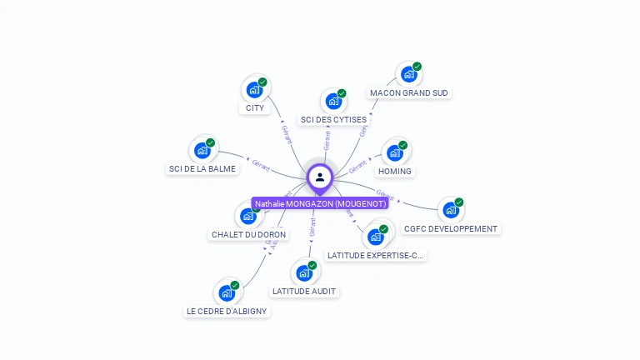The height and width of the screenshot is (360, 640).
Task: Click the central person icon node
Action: (320, 177)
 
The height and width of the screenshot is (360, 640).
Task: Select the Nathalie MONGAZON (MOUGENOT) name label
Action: (320, 203)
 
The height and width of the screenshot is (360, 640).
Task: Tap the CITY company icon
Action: (254, 89)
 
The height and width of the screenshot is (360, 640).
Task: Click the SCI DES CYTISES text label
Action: (333, 120)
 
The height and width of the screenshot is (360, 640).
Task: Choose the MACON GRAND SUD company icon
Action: (408, 74)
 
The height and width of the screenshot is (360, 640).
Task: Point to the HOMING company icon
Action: (395, 152)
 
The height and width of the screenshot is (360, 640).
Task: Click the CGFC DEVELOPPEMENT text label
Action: (450, 228)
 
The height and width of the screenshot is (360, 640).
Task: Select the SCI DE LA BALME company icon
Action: (202, 150)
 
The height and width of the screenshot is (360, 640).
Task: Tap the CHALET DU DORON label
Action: (248, 234)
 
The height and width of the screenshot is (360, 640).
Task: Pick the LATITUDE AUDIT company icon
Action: (304, 272)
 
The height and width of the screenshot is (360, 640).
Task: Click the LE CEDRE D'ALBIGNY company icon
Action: (227, 292)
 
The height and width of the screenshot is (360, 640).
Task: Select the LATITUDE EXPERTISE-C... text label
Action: (375, 255)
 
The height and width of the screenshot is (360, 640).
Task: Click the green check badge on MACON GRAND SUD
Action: (417, 67)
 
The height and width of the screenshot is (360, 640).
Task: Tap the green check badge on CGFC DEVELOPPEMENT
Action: (458, 202)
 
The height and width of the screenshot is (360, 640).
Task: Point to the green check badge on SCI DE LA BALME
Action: (211, 142)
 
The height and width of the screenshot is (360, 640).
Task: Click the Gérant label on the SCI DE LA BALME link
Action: (261, 162)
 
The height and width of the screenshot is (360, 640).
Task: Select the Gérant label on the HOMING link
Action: (358, 165)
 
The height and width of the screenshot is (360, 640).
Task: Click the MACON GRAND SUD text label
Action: (408, 93)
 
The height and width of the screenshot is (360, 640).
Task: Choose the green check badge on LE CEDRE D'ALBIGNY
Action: (235, 285)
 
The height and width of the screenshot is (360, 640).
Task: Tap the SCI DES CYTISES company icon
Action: (333, 101)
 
